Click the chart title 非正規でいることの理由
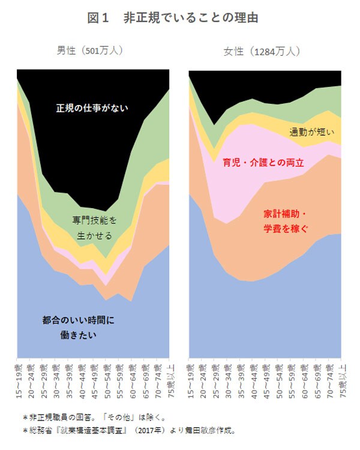(x=191, y=18)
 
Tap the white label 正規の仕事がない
(x=92, y=108)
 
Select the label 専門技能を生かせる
(x=95, y=227)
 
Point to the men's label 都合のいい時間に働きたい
(x=78, y=327)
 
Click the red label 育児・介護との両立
(x=263, y=163)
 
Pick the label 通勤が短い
(x=311, y=132)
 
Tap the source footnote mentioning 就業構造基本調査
(x=129, y=430)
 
